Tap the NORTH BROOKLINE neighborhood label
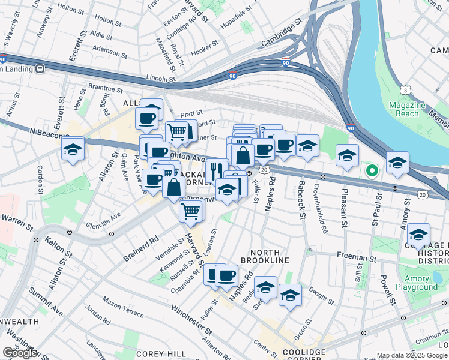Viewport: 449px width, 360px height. click(x=265, y=256)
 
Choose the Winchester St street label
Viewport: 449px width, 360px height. click(x=191, y=319)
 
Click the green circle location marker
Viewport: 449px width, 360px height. click(x=372, y=172)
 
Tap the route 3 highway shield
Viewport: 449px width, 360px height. click(x=406, y=90)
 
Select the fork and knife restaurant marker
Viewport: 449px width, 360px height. click(x=217, y=168)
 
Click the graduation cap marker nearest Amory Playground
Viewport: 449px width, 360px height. click(x=418, y=233)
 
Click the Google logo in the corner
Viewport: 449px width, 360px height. click(x=20, y=352)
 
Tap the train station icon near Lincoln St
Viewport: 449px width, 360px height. click(x=41, y=68)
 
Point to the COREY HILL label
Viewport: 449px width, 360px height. click(x=155, y=354)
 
